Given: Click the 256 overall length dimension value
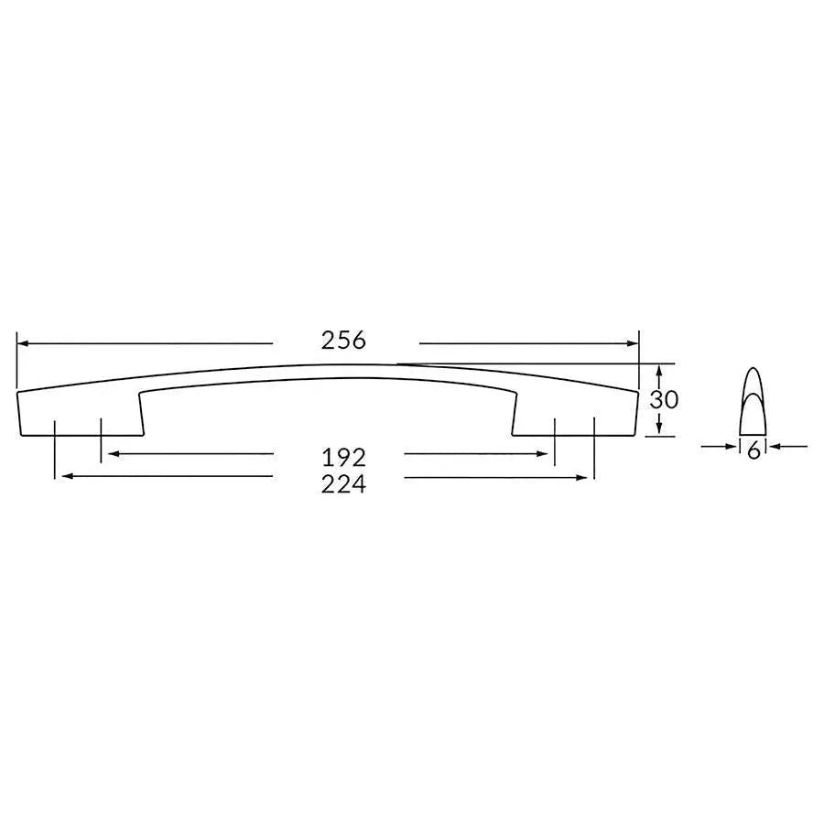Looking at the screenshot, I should pyautogui.click(x=343, y=341).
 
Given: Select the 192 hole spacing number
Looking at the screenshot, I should pyautogui.click(x=343, y=455).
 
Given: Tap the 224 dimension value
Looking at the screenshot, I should pyautogui.click(x=343, y=484).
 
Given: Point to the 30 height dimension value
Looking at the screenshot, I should pyautogui.click(x=663, y=400).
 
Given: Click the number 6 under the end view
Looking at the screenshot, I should pyautogui.click(x=754, y=450).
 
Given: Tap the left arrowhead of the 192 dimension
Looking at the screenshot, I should pyautogui.click(x=111, y=453).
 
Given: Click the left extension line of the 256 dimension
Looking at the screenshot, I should pyautogui.click(x=16, y=359).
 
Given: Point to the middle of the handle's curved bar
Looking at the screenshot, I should pyautogui.click(x=330, y=371).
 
